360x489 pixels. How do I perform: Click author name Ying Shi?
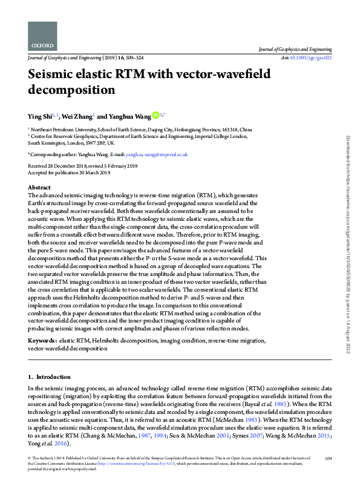click(x=39, y=116)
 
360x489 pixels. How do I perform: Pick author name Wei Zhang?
click(x=79, y=116)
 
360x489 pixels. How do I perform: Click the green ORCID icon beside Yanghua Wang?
click(x=155, y=115)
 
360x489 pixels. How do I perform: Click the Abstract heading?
click(x=39, y=188)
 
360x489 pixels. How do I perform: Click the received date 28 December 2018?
click(x=73, y=165)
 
